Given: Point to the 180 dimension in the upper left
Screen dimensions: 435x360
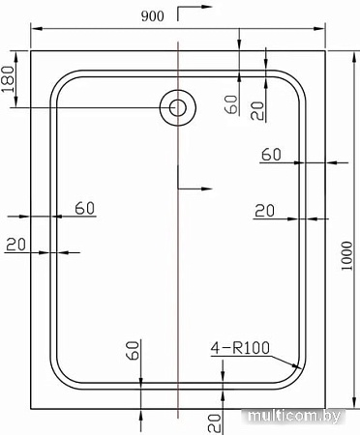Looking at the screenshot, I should [10, 80].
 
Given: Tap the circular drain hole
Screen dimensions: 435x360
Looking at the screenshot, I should [177, 106].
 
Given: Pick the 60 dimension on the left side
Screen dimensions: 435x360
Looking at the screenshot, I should [84, 207].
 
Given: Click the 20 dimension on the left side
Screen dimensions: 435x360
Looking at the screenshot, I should [15, 244].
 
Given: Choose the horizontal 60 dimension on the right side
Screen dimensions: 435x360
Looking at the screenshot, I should [271, 155].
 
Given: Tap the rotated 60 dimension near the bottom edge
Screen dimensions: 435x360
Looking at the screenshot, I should [133, 353].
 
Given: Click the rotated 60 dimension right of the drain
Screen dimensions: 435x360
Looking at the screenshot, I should [230, 103].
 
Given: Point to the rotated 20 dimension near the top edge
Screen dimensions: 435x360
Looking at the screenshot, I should [257, 108].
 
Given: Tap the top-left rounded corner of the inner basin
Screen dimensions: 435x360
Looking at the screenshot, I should [64, 82].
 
